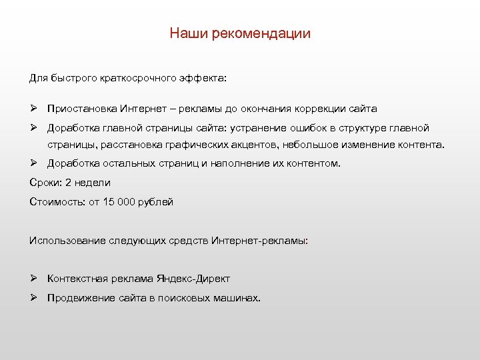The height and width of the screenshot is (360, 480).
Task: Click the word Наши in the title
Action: tap(189, 33)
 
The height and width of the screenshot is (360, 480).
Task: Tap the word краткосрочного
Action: tap(138, 78)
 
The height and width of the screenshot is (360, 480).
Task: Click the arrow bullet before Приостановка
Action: tap(33, 108)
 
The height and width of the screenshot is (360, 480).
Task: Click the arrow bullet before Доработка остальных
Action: tap(33, 163)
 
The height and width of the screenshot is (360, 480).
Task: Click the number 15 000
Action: tap(119, 201)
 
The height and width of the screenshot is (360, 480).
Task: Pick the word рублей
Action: tap(155, 201)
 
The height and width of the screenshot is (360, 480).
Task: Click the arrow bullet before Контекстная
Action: tap(33, 279)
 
